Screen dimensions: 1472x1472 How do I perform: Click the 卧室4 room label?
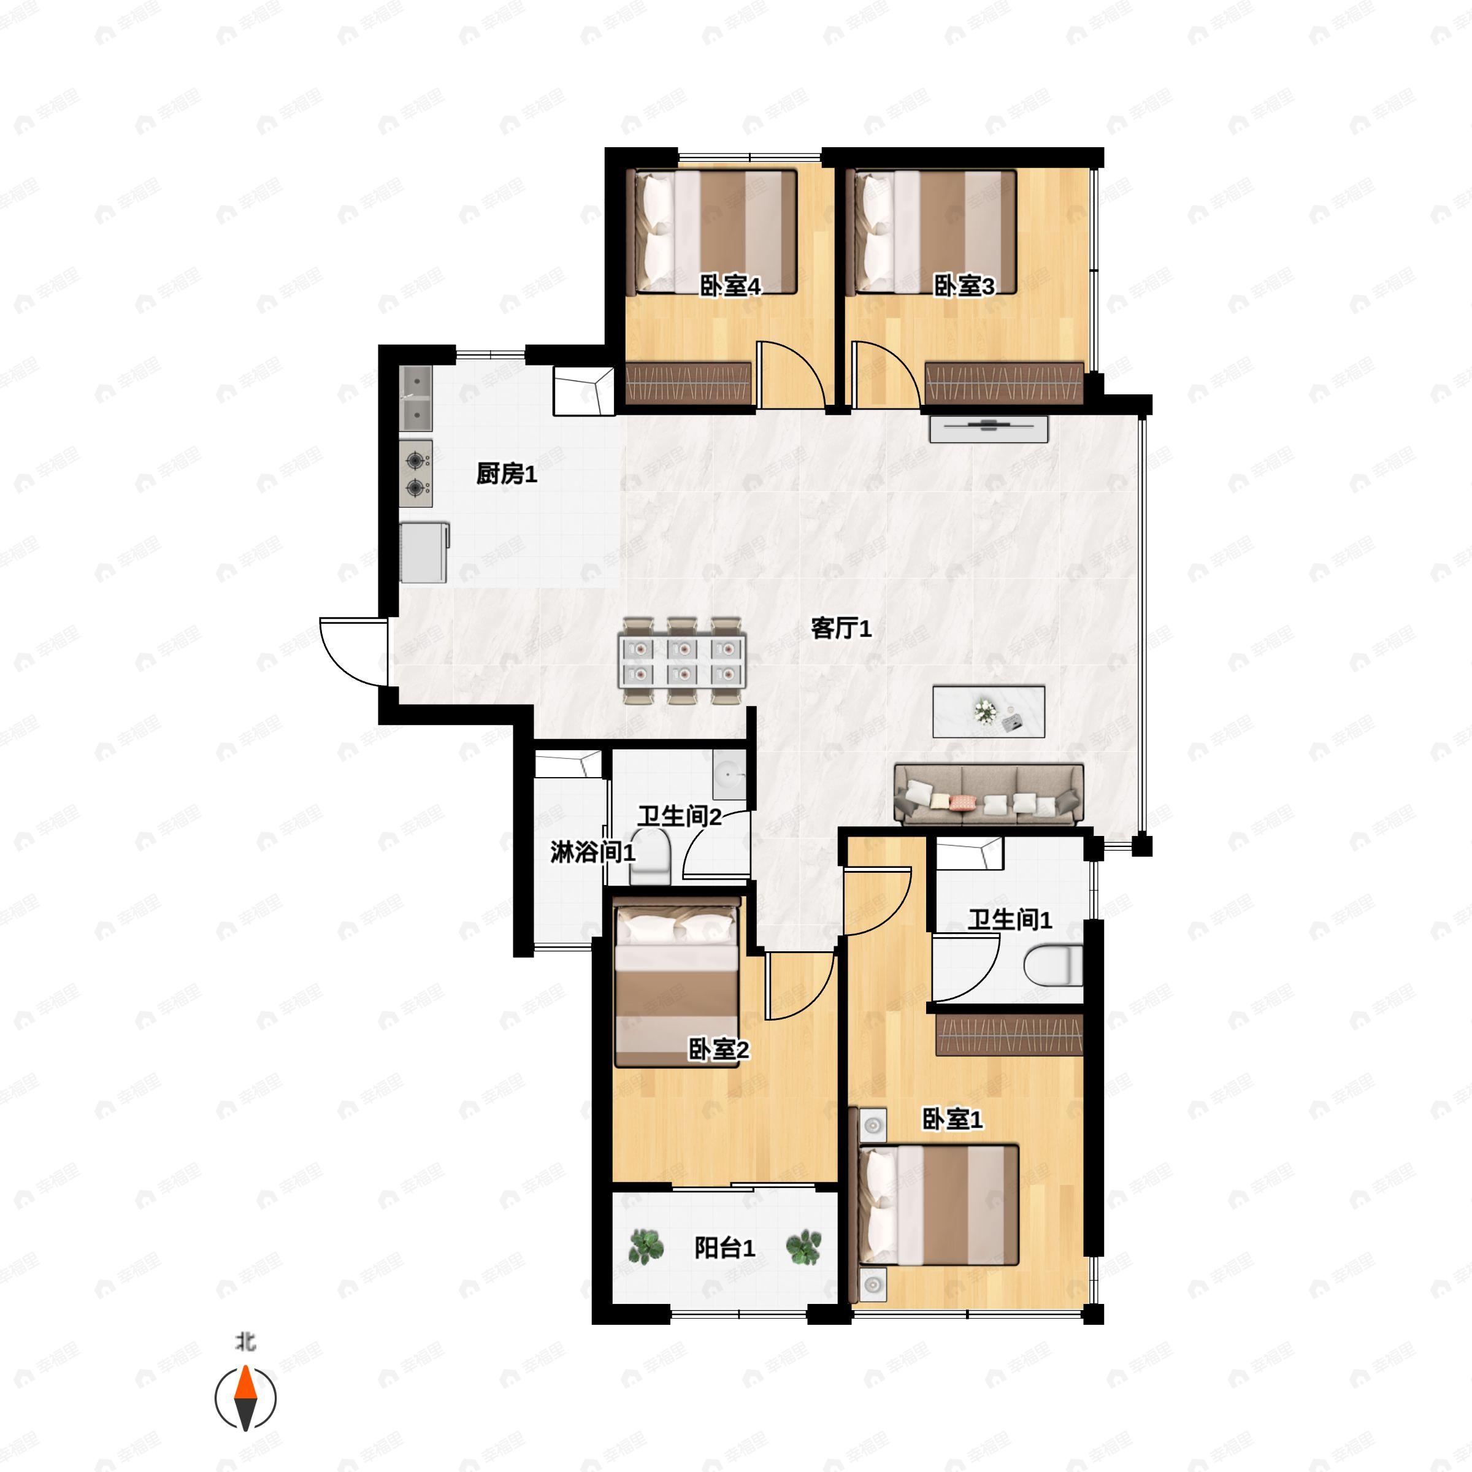pyautogui.click(x=730, y=286)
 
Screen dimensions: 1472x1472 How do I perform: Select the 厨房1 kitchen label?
pyautogui.click(x=507, y=474)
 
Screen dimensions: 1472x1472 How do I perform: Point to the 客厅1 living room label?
pyautogui.click(x=841, y=629)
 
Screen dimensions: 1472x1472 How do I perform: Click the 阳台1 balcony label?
pyautogui.click(x=724, y=1248)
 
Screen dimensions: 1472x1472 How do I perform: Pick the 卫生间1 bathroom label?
pyautogui.click(x=1010, y=919)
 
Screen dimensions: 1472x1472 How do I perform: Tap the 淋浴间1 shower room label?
pyautogui.click(x=592, y=852)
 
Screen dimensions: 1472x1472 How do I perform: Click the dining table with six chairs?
pyautogui.click(x=682, y=661)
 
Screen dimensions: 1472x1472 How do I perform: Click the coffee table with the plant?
pyautogui.click(x=988, y=711)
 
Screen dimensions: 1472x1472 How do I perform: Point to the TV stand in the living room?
pyautogui.click(x=988, y=428)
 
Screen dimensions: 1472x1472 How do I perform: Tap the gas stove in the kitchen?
pyautogui.click(x=416, y=473)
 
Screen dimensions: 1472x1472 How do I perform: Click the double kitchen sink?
pyautogui.click(x=416, y=399)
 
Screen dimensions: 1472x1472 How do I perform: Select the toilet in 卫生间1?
pyautogui.click(x=1053, y=965)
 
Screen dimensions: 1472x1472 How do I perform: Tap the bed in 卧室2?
pyautogui.click(x=677, y=983)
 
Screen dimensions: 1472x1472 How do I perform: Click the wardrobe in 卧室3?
pyautogui.click(x=1003, y=383)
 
